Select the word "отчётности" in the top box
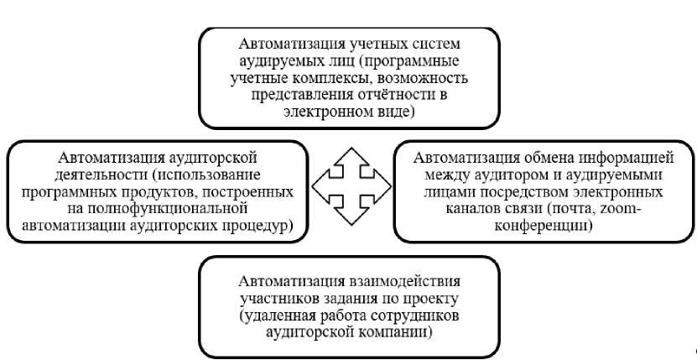pos(391,94)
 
